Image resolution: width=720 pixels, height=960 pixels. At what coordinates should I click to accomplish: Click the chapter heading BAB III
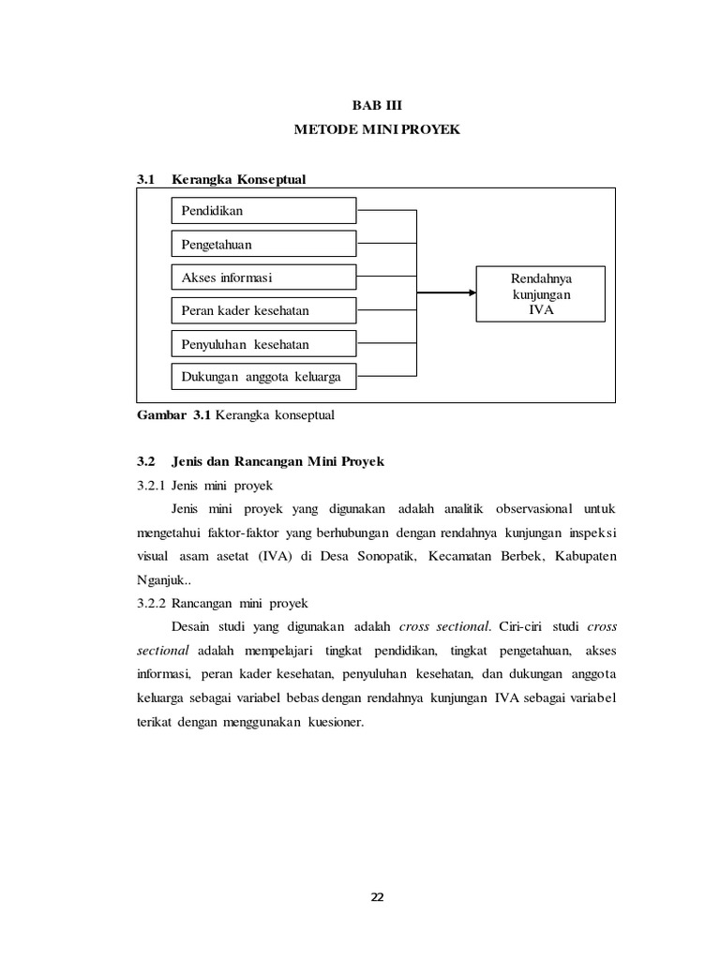(376, 106)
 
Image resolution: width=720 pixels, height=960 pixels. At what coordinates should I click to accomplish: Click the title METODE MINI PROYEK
(377, 130)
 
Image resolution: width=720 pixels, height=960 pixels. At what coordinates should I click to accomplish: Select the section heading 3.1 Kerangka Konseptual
(221, 178)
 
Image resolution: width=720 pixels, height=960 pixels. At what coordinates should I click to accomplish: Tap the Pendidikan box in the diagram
(263, 211)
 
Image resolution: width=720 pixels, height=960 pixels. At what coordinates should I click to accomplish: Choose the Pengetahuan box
(263, 245)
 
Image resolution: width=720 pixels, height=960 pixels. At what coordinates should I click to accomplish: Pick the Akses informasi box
(263, 277)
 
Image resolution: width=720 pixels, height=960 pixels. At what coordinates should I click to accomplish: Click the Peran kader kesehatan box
(263, 310)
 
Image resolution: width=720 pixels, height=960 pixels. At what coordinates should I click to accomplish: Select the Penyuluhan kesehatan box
(263, 344)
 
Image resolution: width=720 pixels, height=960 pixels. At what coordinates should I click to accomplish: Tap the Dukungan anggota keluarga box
(263, 378)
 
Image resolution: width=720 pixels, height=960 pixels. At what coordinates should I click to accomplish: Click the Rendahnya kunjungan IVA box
(541, 294)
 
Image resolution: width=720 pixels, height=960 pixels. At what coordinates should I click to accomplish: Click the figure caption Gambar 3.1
(235, 413)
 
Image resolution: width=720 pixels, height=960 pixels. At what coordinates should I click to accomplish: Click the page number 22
(377, 897)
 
